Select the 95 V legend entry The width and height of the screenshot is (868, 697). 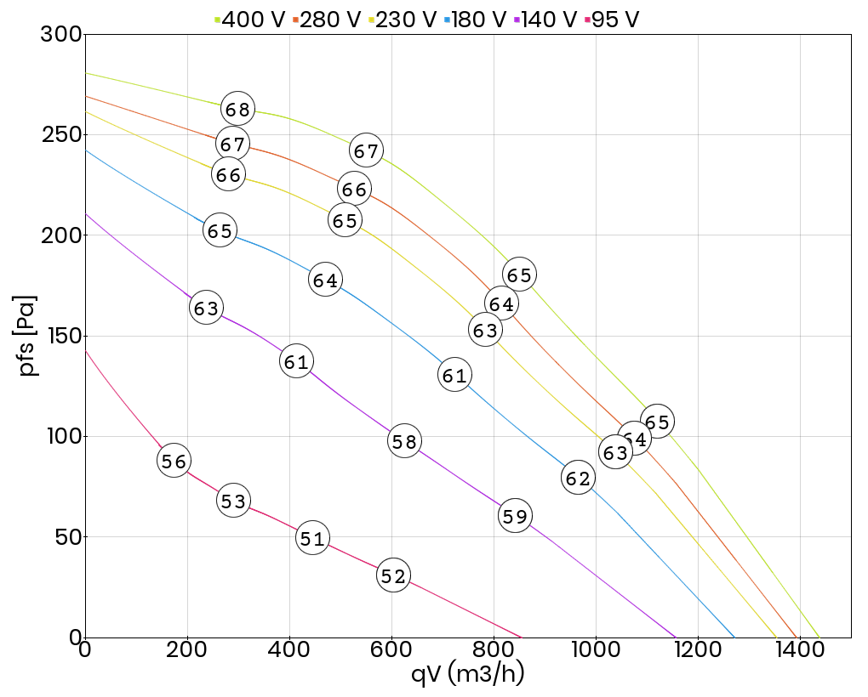610,19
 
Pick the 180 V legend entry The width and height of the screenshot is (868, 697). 476,19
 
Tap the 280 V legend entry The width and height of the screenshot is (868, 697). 328,19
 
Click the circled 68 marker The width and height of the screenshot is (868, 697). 238,109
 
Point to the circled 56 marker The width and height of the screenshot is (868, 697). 174,461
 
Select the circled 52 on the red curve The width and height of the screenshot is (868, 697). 393,576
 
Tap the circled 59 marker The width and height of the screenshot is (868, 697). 515,516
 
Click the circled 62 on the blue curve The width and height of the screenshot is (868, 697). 578,479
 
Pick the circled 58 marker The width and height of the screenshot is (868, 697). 404,441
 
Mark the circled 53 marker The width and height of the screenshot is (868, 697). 233,501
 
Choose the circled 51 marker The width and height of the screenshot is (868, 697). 313,538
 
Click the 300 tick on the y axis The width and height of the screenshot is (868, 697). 61,35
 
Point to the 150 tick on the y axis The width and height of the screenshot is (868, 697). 61,336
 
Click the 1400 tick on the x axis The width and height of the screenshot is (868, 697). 799,651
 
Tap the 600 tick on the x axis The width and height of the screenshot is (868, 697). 391,651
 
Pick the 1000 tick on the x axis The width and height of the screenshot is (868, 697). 595,651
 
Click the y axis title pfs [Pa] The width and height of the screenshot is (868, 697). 29,336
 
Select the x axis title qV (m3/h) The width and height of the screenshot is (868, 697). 467,675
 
